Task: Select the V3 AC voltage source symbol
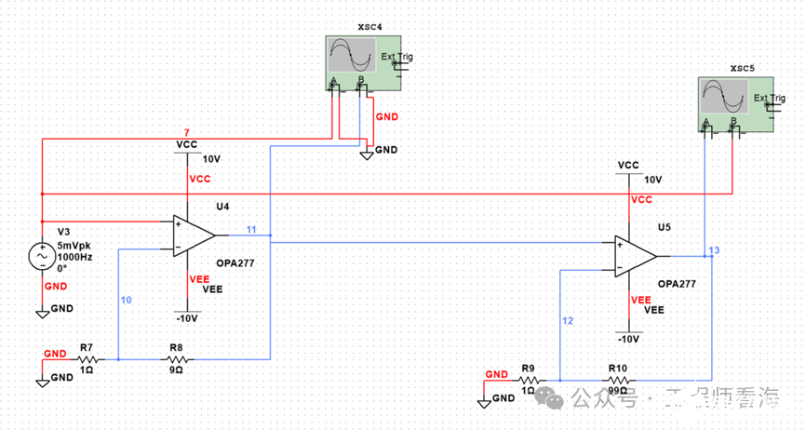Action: (43, 254)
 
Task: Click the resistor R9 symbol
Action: (529, 380)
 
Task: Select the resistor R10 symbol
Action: (618, 380)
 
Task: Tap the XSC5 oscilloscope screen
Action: (724, 96)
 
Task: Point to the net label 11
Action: (251, 229)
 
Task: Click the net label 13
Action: (714, 250)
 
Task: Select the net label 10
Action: (127, 300)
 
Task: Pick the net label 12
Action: (569, 321)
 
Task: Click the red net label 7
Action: (187, 132)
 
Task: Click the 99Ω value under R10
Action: (618, 392)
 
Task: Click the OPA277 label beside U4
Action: (235, 262)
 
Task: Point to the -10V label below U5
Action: (629, 339)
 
